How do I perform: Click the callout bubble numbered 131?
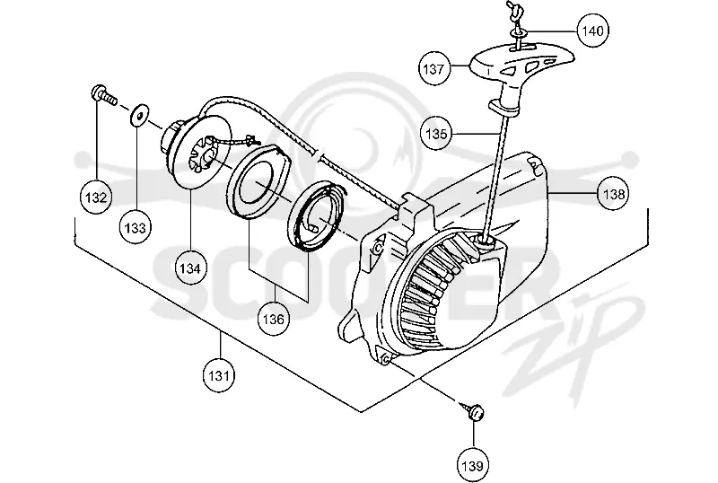click(219, 375)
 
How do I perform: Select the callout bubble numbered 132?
click(96, 198)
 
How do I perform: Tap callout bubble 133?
click(136, 227)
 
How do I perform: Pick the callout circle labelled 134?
click(190, 268)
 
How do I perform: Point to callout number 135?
click(436, 134)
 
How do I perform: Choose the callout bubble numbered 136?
click(274, 319)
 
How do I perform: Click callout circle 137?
click(433, 69)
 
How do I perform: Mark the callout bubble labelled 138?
click(614, 194)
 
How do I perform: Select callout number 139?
click(473, 466)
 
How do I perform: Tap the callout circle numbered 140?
click(593, 31)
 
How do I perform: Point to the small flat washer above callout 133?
click(139, 113)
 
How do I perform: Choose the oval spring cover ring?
click(262, 180)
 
